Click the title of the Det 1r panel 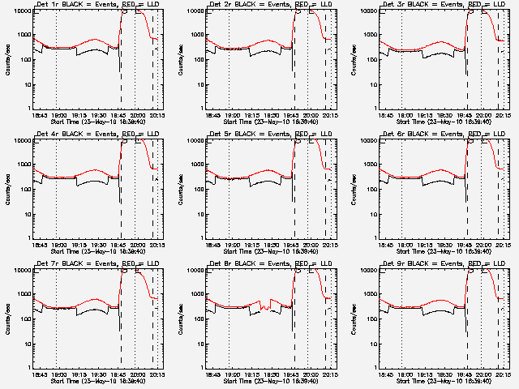coord(96,5)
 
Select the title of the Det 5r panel coord(268,135)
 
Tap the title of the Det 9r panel coord(441,264)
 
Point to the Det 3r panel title coord(441,5)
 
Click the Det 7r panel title coord(96,264)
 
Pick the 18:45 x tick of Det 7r coord(38,374)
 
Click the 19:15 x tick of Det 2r coord(251,115)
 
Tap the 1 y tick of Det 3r coord(373,109)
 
